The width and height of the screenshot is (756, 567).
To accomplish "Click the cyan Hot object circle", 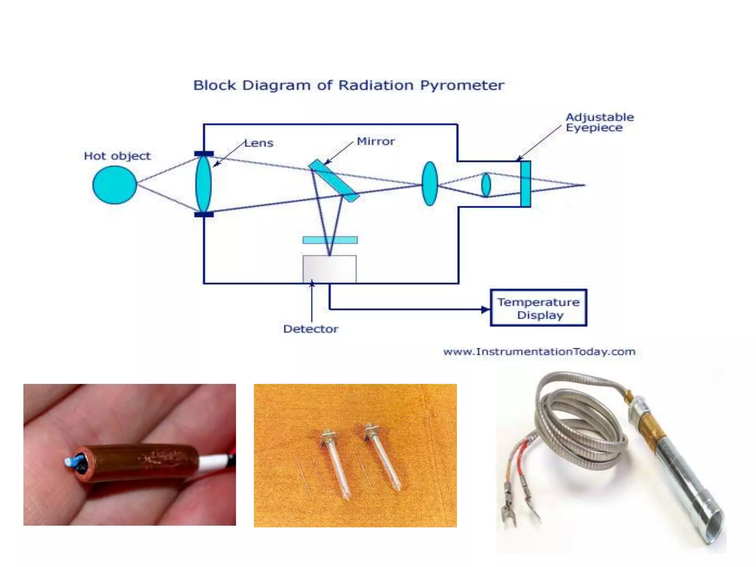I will tap(114, 185).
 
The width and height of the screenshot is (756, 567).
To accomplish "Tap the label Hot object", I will tap(117, 156).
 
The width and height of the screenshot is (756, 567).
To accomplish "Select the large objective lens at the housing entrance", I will tap(203, 184).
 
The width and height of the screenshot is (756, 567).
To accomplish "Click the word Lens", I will tap(259, 143).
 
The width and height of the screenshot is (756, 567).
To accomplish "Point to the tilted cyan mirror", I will tap(333, 181).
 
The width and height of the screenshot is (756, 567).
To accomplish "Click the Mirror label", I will tap(375, 141).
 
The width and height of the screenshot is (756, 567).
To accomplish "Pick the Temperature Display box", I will tap(538, 308).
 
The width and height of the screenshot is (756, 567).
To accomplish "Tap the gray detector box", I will tap(329, 269).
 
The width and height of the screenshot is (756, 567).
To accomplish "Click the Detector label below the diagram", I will tap(310, 329).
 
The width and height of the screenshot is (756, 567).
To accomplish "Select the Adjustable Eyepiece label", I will tap(599, 122).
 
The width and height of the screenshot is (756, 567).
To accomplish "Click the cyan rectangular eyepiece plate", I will tap(525, 184).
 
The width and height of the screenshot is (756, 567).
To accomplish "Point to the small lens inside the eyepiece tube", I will tap(486, 185).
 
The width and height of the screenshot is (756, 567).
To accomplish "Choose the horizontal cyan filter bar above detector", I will tap(330, 240).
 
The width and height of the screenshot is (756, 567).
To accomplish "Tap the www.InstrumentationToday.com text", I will tap(539, 352).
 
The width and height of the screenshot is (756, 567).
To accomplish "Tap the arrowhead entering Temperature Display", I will tap(485, 309).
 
